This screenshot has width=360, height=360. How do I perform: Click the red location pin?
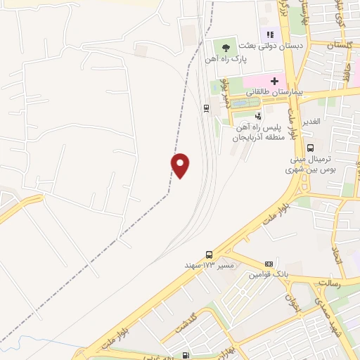click(x=181, y=165)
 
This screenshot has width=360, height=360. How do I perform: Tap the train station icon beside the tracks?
click(x=206, y=108)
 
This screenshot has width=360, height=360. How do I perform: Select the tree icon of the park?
click(x=225, y=48)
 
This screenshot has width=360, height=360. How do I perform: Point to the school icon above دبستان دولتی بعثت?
click(x=269, y=34)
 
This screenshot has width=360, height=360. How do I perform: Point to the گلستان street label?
click(x=339, y=44)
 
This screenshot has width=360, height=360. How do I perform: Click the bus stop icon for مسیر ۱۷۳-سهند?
click(x=209, y=254)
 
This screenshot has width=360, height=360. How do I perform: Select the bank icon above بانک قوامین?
click(x=268, y=262)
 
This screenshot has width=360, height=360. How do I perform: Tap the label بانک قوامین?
click(x=263, y=273)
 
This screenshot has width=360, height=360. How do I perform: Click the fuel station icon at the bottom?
click(x=186, y=355)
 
